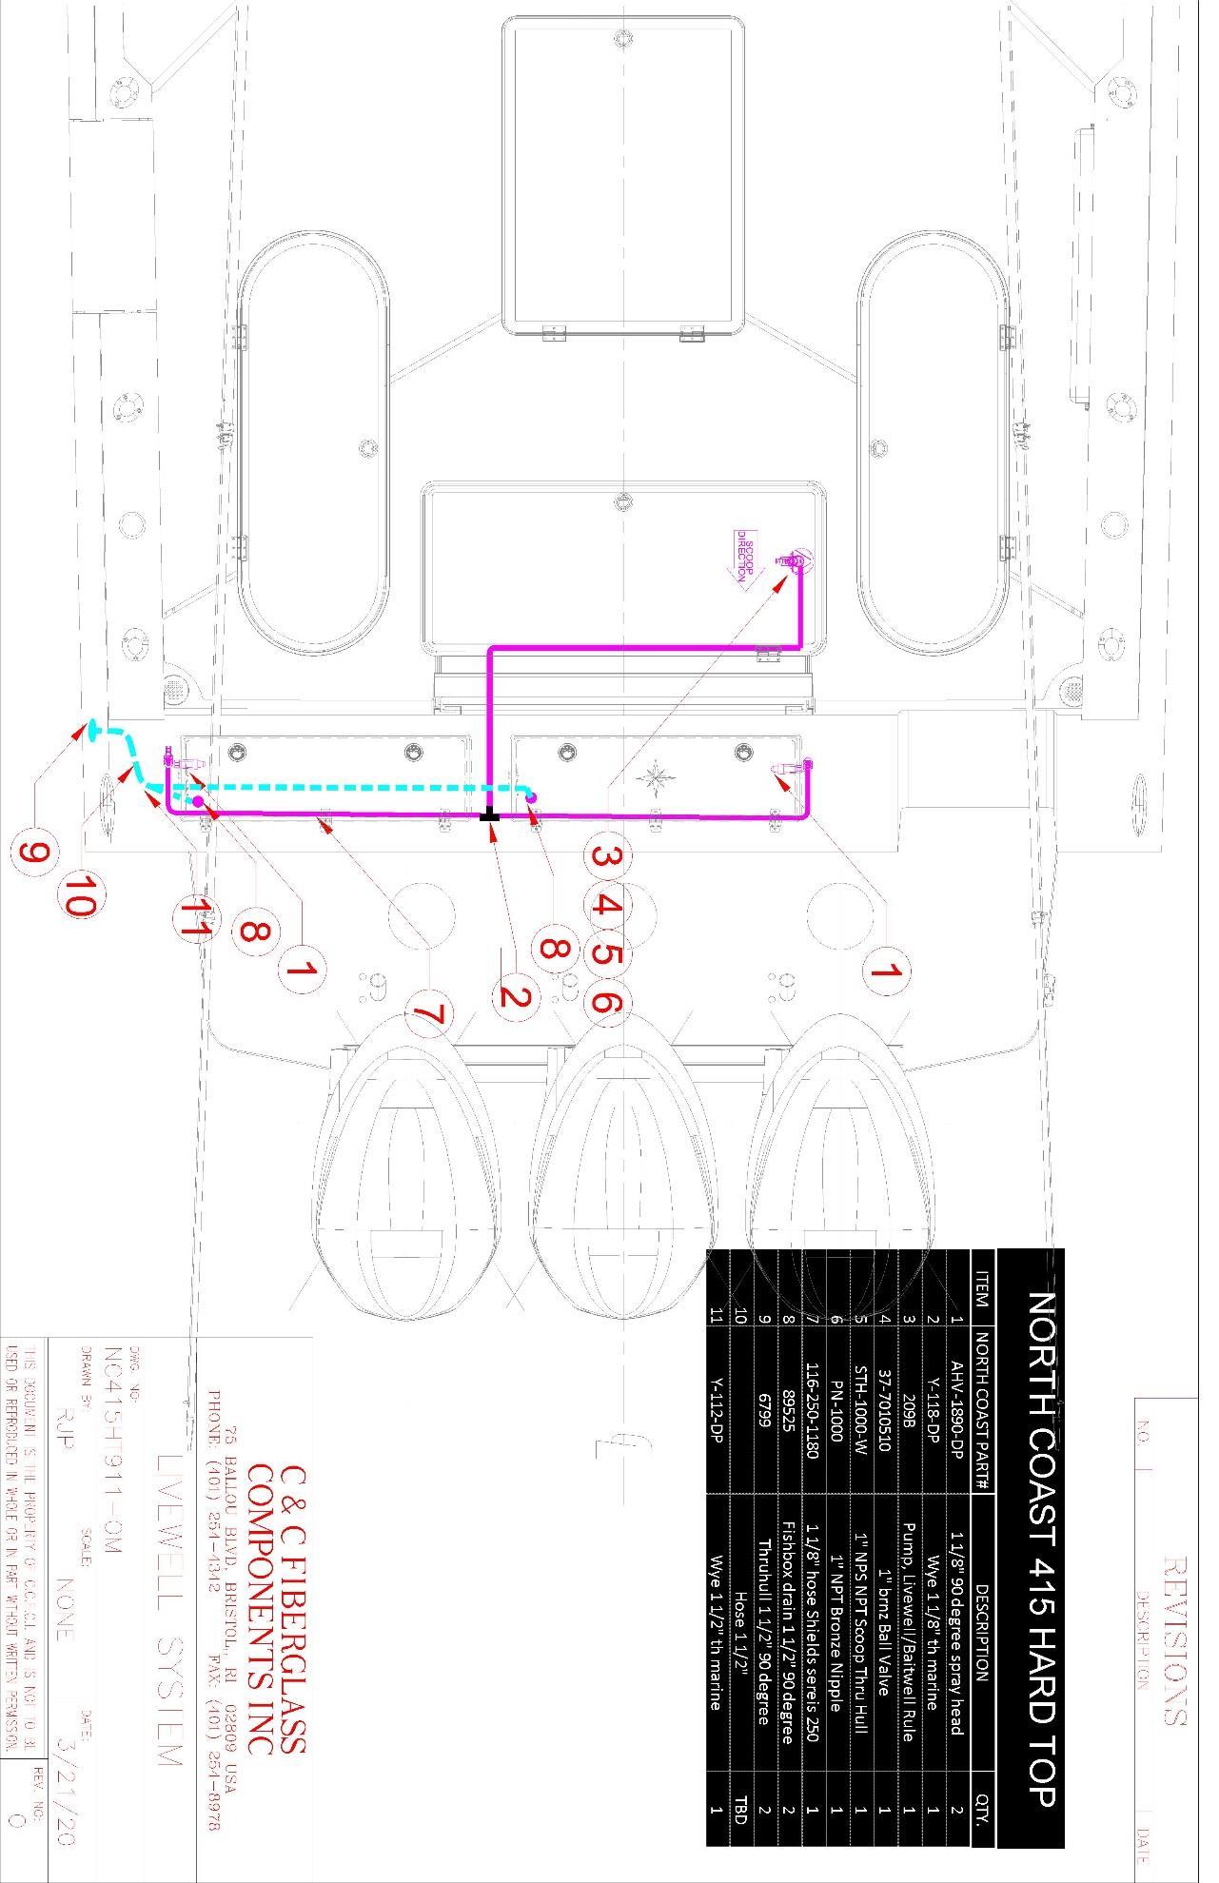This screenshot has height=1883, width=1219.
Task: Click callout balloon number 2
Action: pos(515,997)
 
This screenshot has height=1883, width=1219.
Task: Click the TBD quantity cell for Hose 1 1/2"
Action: pos(740,1809)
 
